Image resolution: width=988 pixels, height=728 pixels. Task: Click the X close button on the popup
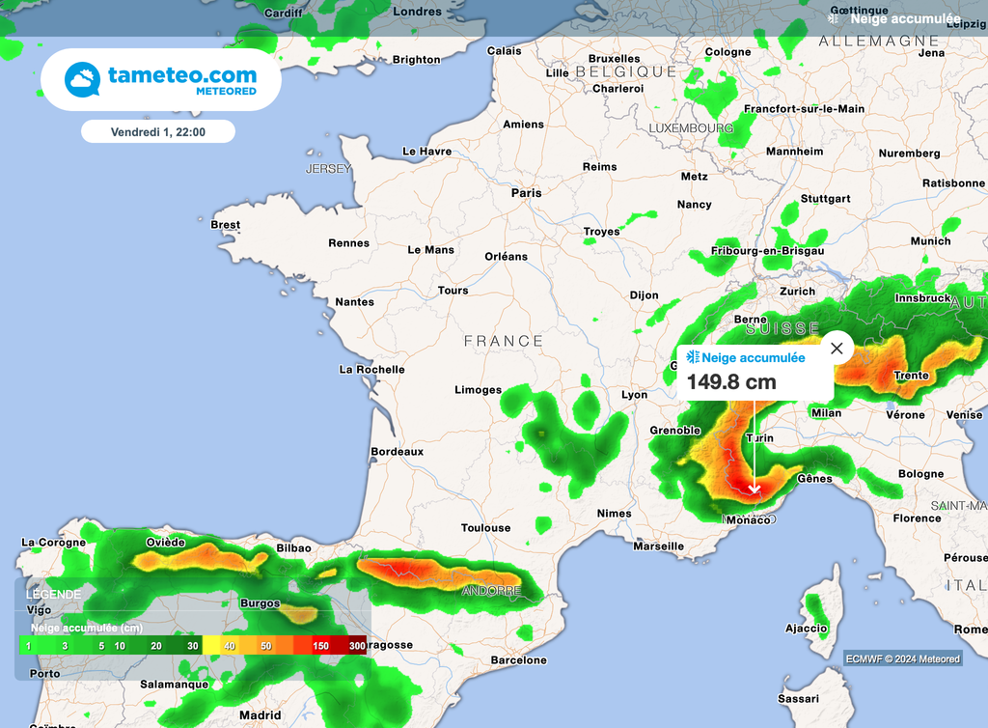837,348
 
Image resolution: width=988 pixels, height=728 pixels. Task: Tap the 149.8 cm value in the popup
731,381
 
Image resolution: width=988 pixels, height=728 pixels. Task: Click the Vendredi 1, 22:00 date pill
158,131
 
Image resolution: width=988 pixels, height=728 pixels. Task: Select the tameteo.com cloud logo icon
83,80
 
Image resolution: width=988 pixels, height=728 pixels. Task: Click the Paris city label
526,193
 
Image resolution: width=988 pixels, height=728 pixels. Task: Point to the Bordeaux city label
398,451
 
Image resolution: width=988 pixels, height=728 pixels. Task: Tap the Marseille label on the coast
658,546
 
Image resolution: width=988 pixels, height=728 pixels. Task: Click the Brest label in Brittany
225,225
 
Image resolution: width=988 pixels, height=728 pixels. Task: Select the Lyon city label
634,395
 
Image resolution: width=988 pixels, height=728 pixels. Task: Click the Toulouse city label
485,528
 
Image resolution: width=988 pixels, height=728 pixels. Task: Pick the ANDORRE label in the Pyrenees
491,591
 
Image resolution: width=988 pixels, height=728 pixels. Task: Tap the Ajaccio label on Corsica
806,629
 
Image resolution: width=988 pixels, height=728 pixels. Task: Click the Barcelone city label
518,661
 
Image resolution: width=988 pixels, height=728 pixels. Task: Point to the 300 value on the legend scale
357,645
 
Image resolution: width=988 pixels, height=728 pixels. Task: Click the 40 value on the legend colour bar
229,645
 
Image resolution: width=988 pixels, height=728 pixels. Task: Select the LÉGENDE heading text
54,595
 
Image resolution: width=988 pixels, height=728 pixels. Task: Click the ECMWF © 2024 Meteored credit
903,658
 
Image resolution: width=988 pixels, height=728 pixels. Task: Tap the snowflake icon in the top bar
834,17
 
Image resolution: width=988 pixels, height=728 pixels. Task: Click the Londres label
418,12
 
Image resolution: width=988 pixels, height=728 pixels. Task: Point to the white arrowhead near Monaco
755,489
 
